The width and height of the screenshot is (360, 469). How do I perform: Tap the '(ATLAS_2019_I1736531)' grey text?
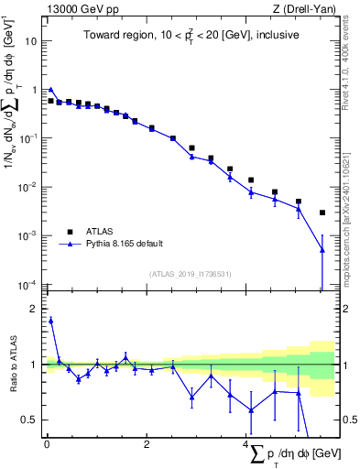(x=191, y=273)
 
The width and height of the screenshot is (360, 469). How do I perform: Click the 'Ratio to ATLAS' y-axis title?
(x=12, y=365)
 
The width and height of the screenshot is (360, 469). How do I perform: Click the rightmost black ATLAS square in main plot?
(x=322, y=213)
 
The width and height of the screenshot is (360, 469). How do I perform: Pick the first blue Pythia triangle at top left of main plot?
(x=51, y=90)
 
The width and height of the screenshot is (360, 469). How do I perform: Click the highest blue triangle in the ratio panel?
(x=51, y=321)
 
